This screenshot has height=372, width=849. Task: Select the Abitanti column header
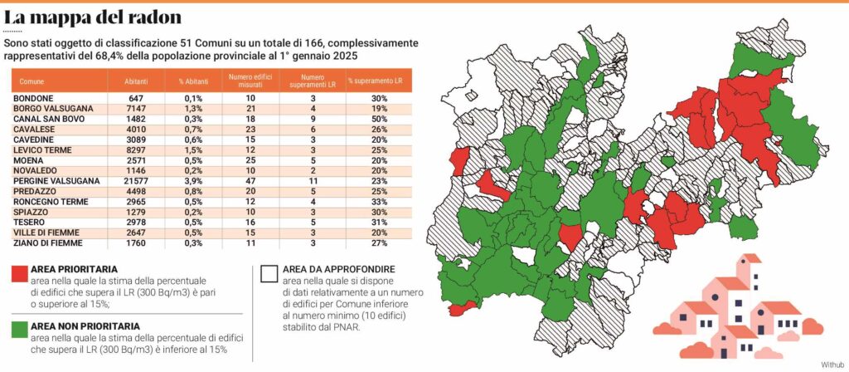pyautogui.click(x=137, y=81)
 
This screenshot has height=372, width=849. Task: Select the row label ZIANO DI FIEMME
pyautogui.click(x=47, y=243)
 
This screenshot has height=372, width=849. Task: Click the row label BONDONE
pyautogui.click(x=33, y=98)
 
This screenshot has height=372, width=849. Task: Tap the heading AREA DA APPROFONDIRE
pyautogui.click(x=337, y=270)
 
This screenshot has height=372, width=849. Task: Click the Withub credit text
pyautogui.click(x=831, y=365)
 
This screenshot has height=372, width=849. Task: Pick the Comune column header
pyautogui.click(x=34, y=81)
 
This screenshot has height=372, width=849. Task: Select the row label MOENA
pyautogui.click(x=30, y=160)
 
